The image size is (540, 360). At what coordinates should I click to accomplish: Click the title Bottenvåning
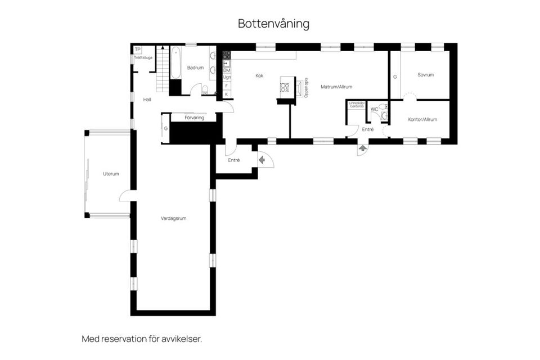click(273, 24)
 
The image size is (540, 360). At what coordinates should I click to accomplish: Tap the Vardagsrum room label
click(173, 218)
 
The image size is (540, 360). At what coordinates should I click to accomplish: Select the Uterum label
click(111, 174)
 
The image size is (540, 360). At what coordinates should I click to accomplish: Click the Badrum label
click(195, 67)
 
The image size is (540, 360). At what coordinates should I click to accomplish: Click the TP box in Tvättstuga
click(137, 49)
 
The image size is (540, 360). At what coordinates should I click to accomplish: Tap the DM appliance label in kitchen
click(227, 70)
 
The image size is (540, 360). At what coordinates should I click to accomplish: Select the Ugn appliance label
click(227, 78)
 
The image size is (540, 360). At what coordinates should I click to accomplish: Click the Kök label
click(259, 75)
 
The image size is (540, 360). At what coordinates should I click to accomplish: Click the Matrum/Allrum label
click(336, 87)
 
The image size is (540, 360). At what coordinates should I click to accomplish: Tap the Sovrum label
click(425, 75)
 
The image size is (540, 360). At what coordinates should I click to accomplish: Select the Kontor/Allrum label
click(422, 119)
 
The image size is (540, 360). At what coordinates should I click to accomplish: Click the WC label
click(374, 109)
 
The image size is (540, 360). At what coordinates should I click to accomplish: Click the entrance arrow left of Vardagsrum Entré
click(262, 160)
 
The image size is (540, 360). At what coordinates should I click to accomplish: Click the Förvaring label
click(194, 118)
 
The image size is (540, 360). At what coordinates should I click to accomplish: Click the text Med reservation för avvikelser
click(142, 339)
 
